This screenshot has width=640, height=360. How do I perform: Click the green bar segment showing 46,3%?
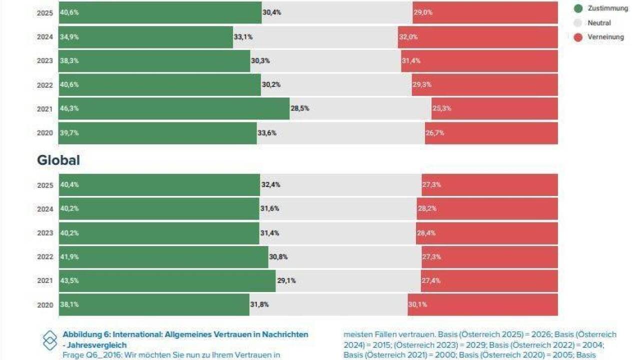click(x=173, y=108)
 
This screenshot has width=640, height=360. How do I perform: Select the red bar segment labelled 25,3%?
click(x=494, y=108)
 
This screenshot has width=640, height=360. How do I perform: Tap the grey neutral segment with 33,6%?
click(x=340, y=133)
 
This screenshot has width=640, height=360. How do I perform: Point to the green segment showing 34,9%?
click(x=145, y=37)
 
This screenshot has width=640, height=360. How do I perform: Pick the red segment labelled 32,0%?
click(x=477, y=37)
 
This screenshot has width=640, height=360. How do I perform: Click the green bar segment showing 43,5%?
click(x=167, y=280)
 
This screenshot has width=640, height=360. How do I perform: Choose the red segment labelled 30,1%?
click(x=482, y=304)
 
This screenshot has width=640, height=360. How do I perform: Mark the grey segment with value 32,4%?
click(x=340, y=185)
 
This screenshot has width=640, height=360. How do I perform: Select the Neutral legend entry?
click(x=599, y=23)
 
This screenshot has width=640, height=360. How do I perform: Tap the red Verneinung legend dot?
click(x=578, y=37)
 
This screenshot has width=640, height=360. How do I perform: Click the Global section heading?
click(x=58, y=160)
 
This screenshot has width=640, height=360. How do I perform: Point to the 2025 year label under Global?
click(x=44, y=185)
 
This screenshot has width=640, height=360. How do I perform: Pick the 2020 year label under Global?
click(x=44, y=305)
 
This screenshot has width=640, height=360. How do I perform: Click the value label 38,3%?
click(x=69, y=61)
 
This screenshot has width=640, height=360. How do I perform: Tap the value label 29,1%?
click(x=286, y=281)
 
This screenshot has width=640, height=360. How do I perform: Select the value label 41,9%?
click(x=69, y=257)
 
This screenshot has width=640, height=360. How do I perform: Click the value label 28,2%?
click(x=426, y=209)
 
